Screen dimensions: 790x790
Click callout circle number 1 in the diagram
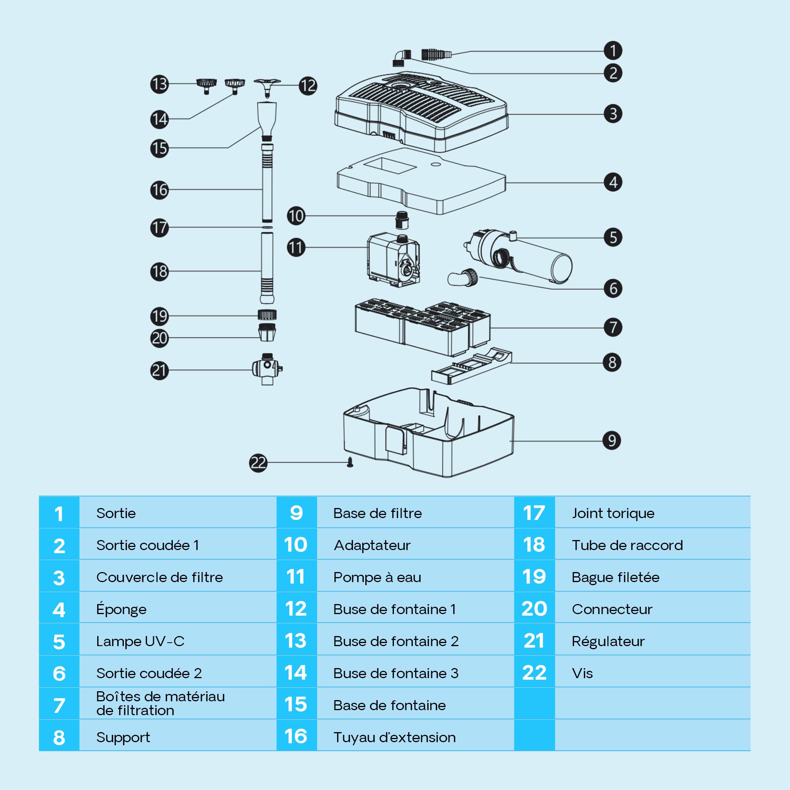click(x=613, y=51)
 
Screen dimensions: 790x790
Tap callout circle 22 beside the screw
click(x=258, y=463)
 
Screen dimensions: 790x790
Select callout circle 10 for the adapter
click(x=296, y=216)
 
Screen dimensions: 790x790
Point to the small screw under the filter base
click(x=349, y=462)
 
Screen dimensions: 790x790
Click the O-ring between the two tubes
click(x=267, y=227)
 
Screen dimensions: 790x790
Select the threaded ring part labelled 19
click(x=267, y=315)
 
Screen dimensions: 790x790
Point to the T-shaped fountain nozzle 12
click(x=267, y=86)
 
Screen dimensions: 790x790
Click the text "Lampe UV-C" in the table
click(x=140, y=641)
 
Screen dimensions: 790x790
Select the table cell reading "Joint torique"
click(x=613, y=513)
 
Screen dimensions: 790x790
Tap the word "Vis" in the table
click(x=582, y=673)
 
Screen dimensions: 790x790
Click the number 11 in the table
click(x=295, y=577)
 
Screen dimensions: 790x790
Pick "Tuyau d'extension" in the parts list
click(x=395, y=737)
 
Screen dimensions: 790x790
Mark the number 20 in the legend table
click(x=534, y=609)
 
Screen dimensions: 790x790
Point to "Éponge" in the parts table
click(x=122, y=609)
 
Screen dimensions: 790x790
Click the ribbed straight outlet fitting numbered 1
click(x=436, y=54)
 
